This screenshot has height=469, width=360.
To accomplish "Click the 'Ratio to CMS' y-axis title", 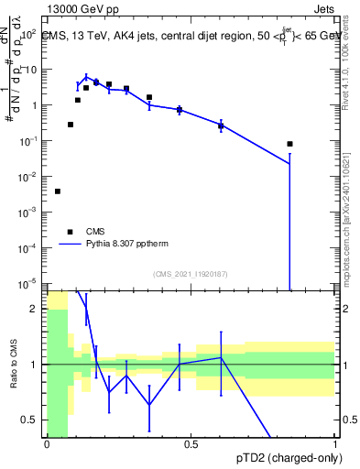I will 15,365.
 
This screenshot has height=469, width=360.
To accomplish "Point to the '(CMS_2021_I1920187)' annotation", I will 190,274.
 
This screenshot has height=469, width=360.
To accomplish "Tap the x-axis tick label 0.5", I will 191,444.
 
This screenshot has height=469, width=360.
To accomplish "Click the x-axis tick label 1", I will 335,444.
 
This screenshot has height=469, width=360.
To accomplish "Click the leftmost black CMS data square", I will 58,191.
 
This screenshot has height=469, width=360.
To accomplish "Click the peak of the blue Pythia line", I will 86,77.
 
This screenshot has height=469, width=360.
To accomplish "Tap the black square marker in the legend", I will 70,232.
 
